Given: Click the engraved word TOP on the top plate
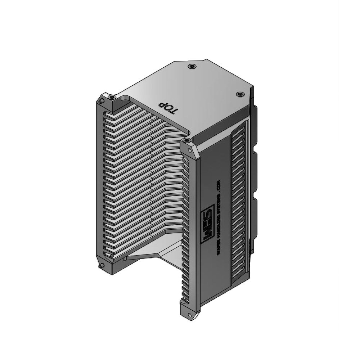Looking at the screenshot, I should click(x=167, y=108).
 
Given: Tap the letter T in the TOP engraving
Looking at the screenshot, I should click(x=173, y=111).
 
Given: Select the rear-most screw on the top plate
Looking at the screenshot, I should click(x=191, y=66).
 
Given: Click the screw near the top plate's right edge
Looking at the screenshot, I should click(x=240, y=94).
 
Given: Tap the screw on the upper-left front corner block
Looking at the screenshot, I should click(x=113, y=97).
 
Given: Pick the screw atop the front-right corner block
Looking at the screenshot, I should click(x=186, y=140).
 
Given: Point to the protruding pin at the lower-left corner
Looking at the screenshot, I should click(x=101, y=266).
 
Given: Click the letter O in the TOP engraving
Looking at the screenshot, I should click(x=167, y=108).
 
